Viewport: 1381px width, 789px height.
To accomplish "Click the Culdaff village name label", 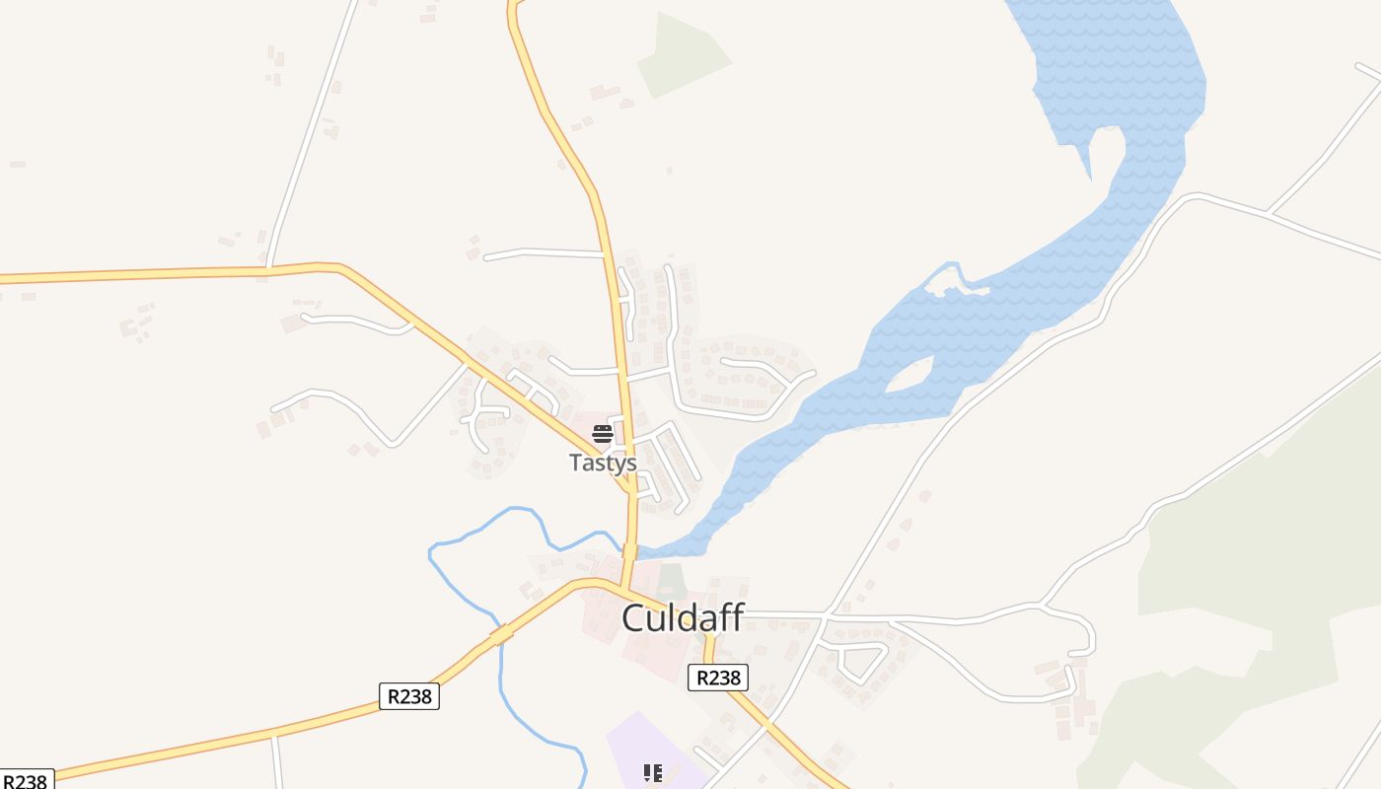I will pyautogui.click(x=683, y=618).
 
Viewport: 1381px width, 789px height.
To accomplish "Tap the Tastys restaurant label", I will pyautogui.click(x=603, y=463).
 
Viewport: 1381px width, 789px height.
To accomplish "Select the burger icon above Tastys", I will pyautogui.click(x=603, y=434).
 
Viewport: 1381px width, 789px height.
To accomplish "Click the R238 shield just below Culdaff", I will pyautogui.click(x=717, y=678).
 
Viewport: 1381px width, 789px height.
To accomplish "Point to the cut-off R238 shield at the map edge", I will pyautogui.click(x=26, y=780).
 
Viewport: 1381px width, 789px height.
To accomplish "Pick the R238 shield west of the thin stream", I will pyautogui.click(x=408, y=696).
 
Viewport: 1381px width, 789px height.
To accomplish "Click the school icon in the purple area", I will pyautogui.click(x=652, y=773).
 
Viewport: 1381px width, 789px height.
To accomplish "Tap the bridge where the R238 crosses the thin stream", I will pyautogui.click(x=501, y=634).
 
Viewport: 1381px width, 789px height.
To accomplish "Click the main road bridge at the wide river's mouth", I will pyautogui.click(x=629, y=550).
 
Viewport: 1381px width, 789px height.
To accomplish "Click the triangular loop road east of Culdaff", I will pyautogui.click(x=853, y=658).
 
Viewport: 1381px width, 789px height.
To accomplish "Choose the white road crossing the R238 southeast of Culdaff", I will pyautogui.click(x=766, y=722).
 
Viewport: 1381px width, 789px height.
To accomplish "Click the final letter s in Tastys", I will pyautogui.click(x=630, y=464).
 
